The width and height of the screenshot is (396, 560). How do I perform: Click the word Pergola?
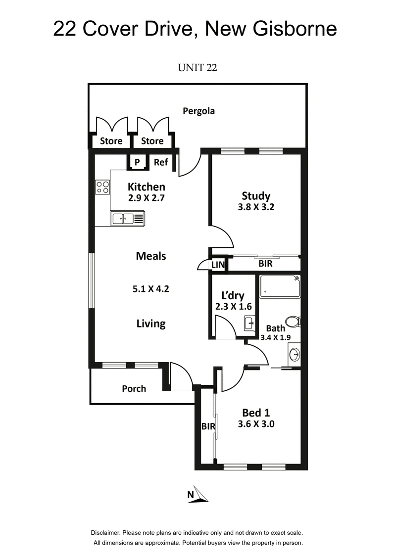198,111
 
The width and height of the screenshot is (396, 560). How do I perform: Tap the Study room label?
256,195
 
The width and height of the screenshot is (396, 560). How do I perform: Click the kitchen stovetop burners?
102,187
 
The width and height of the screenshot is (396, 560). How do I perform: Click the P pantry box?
137,162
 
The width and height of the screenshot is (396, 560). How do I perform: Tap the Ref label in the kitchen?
161,162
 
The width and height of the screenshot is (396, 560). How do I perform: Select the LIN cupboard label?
218,265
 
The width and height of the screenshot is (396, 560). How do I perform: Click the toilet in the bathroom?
294,322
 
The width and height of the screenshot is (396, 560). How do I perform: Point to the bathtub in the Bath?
280,286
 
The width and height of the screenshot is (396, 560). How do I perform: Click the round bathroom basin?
294,354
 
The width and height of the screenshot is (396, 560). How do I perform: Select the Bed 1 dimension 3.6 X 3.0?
256,423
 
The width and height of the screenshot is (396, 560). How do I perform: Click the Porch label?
134,388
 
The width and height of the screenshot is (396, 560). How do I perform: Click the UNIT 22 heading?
197,68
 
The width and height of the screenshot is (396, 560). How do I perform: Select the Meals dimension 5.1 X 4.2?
151,289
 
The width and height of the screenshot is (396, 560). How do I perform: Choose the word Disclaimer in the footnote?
106,533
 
